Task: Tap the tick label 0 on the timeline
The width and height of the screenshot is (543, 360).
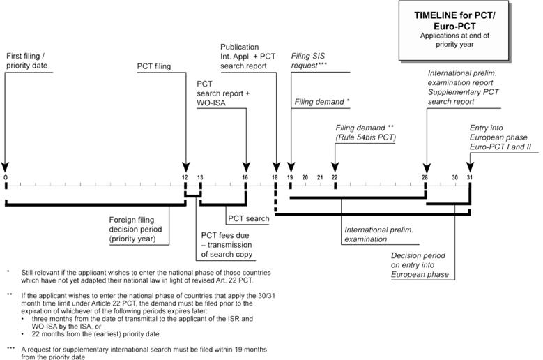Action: pos(6,178)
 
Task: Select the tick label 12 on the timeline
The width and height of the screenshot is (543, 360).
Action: pos(185,178)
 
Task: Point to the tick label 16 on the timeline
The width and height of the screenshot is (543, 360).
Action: pos(245,178)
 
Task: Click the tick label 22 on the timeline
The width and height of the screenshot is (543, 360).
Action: pos(335,178)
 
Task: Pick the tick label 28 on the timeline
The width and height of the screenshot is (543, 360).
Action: pos(425,178)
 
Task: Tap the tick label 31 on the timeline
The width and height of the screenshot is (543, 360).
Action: pos(470,178)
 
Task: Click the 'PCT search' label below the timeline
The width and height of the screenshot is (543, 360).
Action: pos(247,219)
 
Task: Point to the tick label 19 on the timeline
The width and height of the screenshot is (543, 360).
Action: pos(290,178)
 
